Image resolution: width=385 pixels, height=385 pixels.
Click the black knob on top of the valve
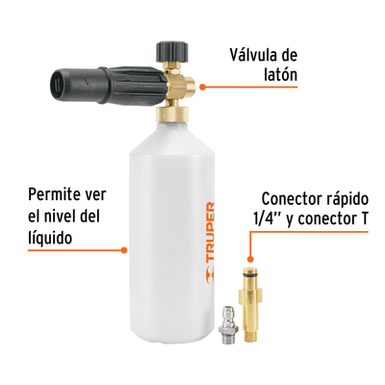pyautogui.click(x=171, y=51)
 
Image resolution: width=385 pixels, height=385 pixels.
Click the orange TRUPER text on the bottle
pyautogui.click(x=210, y=231)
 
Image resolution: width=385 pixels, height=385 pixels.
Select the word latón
pyautogui.click(x=280, y=75)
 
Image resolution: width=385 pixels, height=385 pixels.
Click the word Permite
pyautogui.click(x=51, y=194)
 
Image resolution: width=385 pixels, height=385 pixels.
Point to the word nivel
pyautogui.click(x=60, y=216)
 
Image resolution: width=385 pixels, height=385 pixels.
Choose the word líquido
pyautogui.click(x=50, y=239)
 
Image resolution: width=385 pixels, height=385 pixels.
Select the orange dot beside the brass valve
pyautogui.click(x=202, y=87)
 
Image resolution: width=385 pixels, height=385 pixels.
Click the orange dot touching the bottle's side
pyautogui.click(x=124, y=250)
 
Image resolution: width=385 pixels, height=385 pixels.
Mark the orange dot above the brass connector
pyautogui.click(x=250, y=259)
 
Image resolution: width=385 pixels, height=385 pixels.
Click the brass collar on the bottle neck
pyautogui.click(x=171, y=115)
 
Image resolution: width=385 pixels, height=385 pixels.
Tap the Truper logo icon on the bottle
pyautogui.click(x=210, y=272)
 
